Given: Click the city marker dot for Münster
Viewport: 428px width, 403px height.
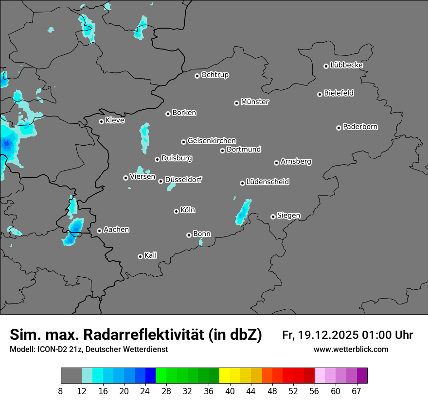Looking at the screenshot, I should [x=237, y=103].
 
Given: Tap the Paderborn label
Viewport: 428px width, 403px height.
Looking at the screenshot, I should [x=360, y=127].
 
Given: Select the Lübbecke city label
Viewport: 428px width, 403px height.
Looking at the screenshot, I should [x=346, y=65].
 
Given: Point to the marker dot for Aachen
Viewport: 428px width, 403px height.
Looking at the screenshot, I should [x=100, y=231].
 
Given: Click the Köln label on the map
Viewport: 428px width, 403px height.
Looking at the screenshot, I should [x=188, y=210].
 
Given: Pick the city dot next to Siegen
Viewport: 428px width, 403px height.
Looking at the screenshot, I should [x=273, y=217].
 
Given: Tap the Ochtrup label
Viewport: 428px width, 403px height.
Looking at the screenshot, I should [x=215, y=75].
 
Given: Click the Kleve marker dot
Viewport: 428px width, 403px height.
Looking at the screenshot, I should [x=102, y=121].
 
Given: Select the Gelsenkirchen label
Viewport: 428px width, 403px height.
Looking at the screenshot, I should [x=212, y=141].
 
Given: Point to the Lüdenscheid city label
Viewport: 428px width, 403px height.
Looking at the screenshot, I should [x=267, y=182].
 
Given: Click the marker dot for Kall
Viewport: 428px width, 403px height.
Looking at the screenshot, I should [x=141, y=256].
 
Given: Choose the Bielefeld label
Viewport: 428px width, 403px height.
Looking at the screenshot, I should [x=339, y=93].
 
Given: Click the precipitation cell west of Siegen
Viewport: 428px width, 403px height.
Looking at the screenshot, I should [x=243, y=212].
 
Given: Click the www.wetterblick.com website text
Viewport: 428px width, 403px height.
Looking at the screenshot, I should [x=351, y=350].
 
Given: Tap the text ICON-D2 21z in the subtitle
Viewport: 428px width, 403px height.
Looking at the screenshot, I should [x=58, y=350].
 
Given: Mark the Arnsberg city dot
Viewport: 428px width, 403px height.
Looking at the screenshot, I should [x=276, y=163].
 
